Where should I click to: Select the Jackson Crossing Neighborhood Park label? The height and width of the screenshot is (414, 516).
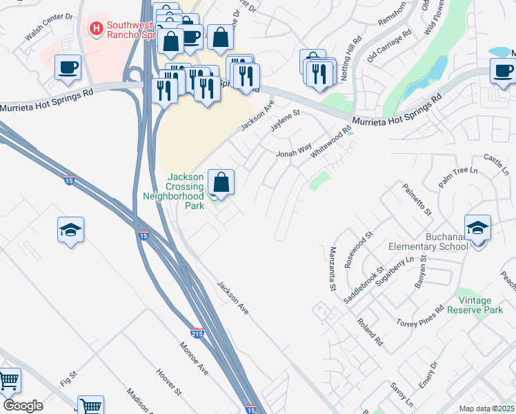click(x=174, y=187)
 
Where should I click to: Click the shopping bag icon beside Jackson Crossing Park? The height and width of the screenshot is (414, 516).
click(x=221, y=183)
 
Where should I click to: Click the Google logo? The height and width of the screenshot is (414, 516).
click(x=23, y=406)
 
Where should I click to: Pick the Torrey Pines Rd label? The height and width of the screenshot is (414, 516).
click(x=419, y=315)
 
